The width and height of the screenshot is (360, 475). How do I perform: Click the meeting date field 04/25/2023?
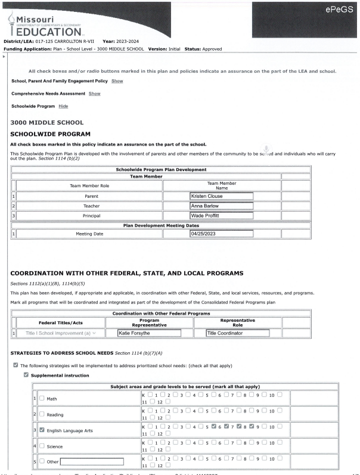tap(221, 234)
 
